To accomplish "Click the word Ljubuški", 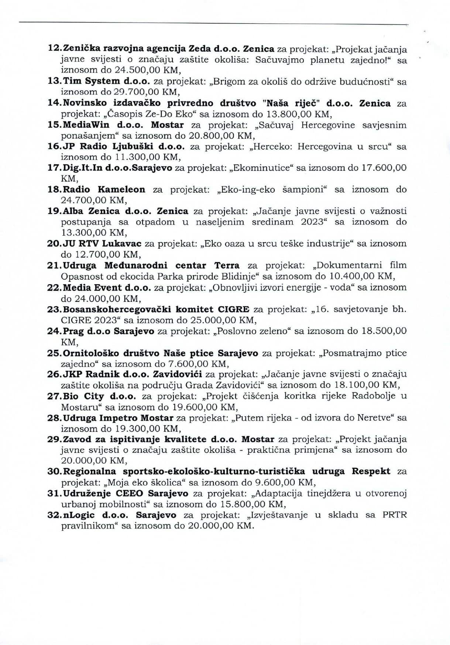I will coord(133,146).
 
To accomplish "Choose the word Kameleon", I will coord(121,190).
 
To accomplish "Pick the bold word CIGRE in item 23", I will coord(235,309).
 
